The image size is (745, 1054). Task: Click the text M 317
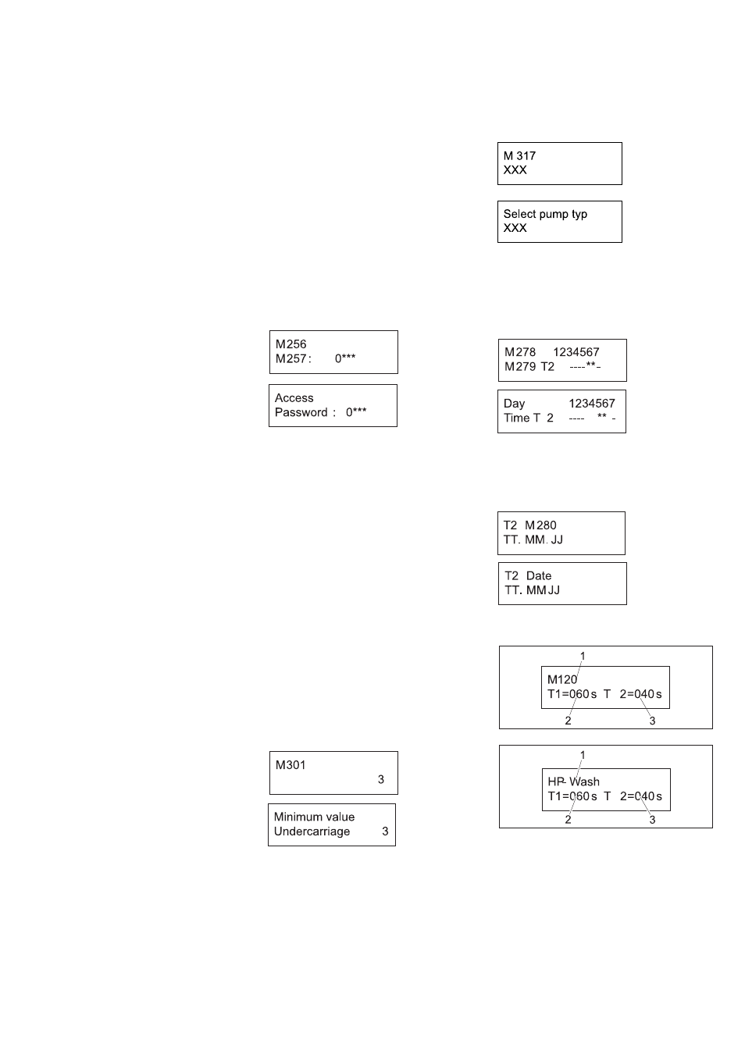tap(519, 155)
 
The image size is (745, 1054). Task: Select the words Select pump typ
tap(545, 214)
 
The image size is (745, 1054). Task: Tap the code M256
tap(291, 344)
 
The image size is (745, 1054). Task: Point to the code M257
tap(292, 358)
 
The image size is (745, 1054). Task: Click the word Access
tap(294, 398)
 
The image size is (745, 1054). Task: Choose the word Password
tap(301, 412)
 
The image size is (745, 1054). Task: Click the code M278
tap(520, 352)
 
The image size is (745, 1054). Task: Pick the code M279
tap(520, 366)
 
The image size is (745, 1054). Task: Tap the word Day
tap(514, 404)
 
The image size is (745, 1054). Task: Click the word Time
tap(517, 418)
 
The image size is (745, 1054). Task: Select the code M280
tap(540, 525)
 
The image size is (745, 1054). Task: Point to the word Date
tap(539, 576)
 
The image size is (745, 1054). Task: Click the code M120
tap(562, 679)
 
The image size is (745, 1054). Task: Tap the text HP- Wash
tap(574, 782)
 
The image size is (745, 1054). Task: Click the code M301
tap(291, 765)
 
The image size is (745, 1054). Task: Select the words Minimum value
tap(315, 817)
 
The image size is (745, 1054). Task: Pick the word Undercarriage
tap(312, 831)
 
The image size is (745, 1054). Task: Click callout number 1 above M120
tap(583, 656)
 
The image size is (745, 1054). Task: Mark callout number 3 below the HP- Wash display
tap(652, 820)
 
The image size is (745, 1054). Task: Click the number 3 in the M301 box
tap(381, 780)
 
